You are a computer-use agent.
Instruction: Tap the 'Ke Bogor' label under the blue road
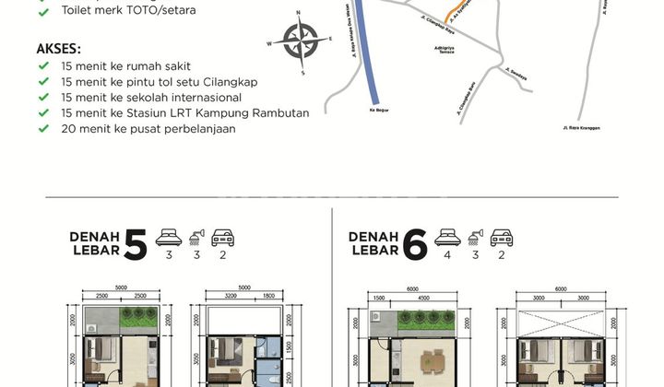[378, 110]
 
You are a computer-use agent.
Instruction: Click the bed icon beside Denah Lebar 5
[169, 237]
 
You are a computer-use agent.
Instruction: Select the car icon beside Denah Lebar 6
[502, 237]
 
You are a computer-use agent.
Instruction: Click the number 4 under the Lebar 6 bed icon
[448, 257]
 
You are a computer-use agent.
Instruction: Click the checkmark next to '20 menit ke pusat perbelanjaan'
[43, 129]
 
